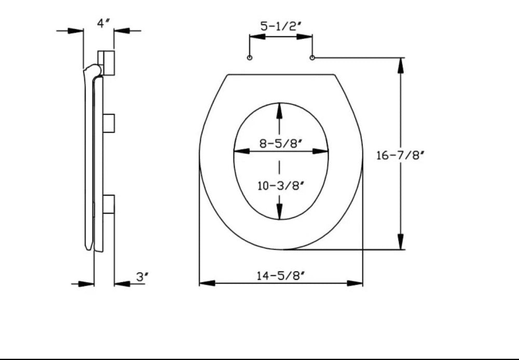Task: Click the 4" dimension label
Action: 103,23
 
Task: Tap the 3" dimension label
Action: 141,276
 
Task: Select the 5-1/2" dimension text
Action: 280,26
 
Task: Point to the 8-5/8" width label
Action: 281,144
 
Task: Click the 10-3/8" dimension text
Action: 281,186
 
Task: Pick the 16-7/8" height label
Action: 400,155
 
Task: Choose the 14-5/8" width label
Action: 281,275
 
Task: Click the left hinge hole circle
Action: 250,58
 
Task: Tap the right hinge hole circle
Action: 312,58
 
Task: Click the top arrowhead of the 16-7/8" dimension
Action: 401,65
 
